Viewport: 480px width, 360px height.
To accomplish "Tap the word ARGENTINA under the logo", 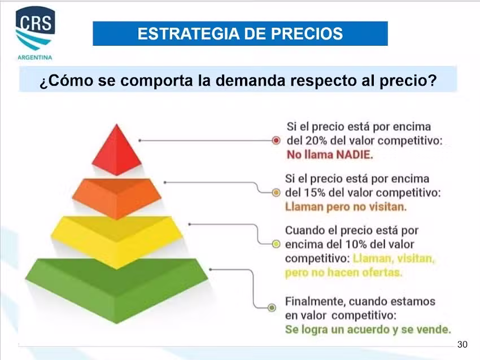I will [x=35, y=57].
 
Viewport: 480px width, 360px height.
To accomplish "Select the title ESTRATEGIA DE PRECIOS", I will [x=240, y=34].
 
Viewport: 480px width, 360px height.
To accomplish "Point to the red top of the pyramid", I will [x=117, y=150].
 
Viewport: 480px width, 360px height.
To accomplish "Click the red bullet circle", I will [x=276, y=140].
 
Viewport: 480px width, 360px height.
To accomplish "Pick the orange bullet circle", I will [x=276, y=192].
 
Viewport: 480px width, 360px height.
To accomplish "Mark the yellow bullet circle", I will [x=276, y=244].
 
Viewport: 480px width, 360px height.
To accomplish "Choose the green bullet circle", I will [x=272, y=308].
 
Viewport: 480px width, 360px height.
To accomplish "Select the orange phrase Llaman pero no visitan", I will [x=346, y=207].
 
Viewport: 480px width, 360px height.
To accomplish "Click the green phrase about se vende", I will [x=368, y=329].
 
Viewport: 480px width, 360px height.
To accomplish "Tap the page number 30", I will [x=462, y=344].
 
